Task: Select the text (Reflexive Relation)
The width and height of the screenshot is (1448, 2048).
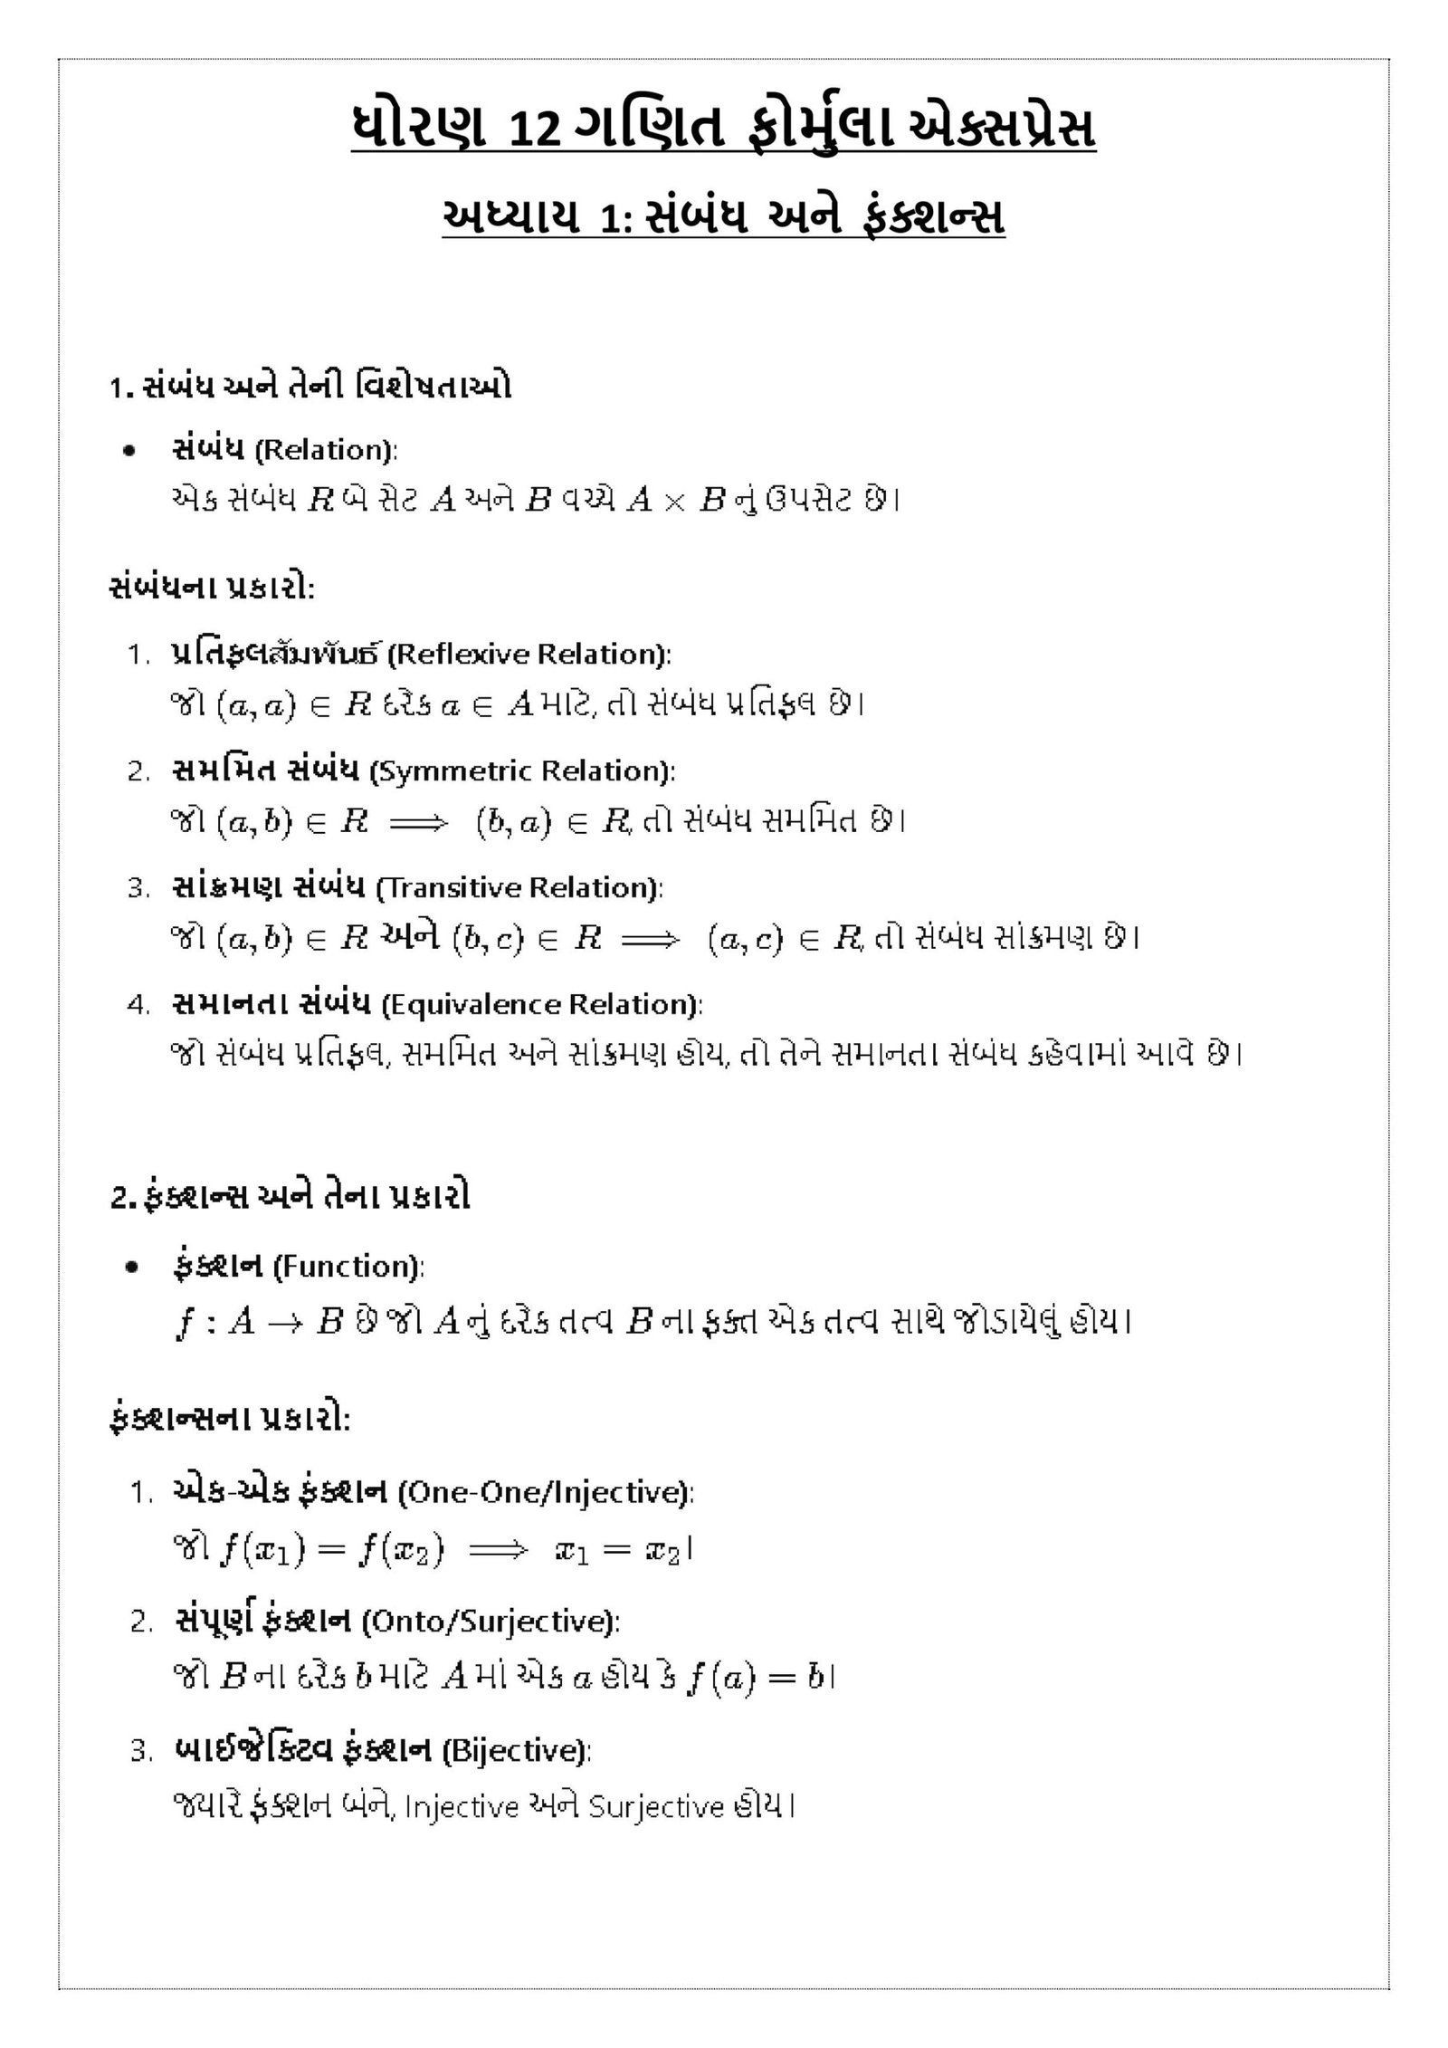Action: click(529, 654)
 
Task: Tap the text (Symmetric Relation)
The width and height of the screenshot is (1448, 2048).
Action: click(522, 771)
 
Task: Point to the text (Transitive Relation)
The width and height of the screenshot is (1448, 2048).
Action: click(519, 887)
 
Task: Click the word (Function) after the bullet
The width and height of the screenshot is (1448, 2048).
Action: click(348, 1266)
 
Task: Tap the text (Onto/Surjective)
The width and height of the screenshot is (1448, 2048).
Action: click(491, 1621)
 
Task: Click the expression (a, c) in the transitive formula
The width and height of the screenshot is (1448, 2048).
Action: click(745, 939)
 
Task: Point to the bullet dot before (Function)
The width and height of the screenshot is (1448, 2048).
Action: click(132, 1268)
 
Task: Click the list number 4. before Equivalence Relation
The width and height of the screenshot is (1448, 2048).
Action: click(138, 1006)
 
